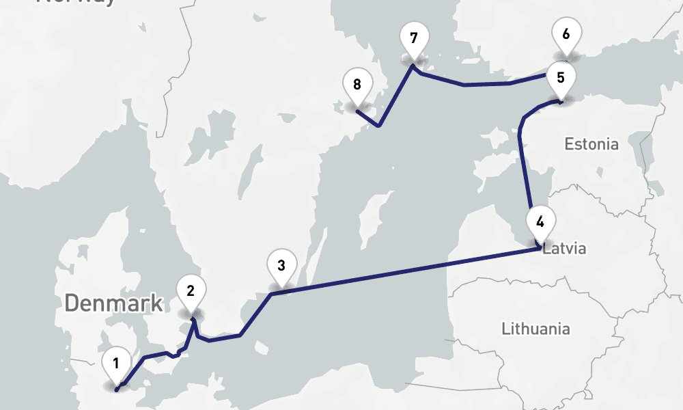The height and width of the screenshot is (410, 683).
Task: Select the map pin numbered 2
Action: point(191,292)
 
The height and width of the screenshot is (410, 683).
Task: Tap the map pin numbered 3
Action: point(281,264)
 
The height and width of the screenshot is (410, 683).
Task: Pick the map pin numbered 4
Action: point(540,223)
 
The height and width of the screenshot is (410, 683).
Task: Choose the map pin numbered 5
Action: point(561,78)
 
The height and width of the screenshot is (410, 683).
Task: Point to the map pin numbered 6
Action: point(566,34)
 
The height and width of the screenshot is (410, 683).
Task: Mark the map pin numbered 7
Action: point(413,38)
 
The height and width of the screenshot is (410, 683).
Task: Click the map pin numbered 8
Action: point(357,85)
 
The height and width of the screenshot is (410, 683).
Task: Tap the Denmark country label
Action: point(114,303)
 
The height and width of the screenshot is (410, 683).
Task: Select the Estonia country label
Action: point(591,144)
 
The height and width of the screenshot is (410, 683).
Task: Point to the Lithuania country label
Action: point(535,329)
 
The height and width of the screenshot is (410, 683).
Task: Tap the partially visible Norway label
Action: point(76,3)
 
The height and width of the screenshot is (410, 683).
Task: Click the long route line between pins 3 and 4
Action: point(410,271)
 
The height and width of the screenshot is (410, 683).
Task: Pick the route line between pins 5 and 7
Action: point(478,85)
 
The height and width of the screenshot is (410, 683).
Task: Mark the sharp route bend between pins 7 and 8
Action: point(378,126)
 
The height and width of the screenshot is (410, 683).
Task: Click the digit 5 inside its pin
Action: point(561,77)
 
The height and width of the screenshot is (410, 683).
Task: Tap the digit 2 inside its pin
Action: point(191,290)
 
